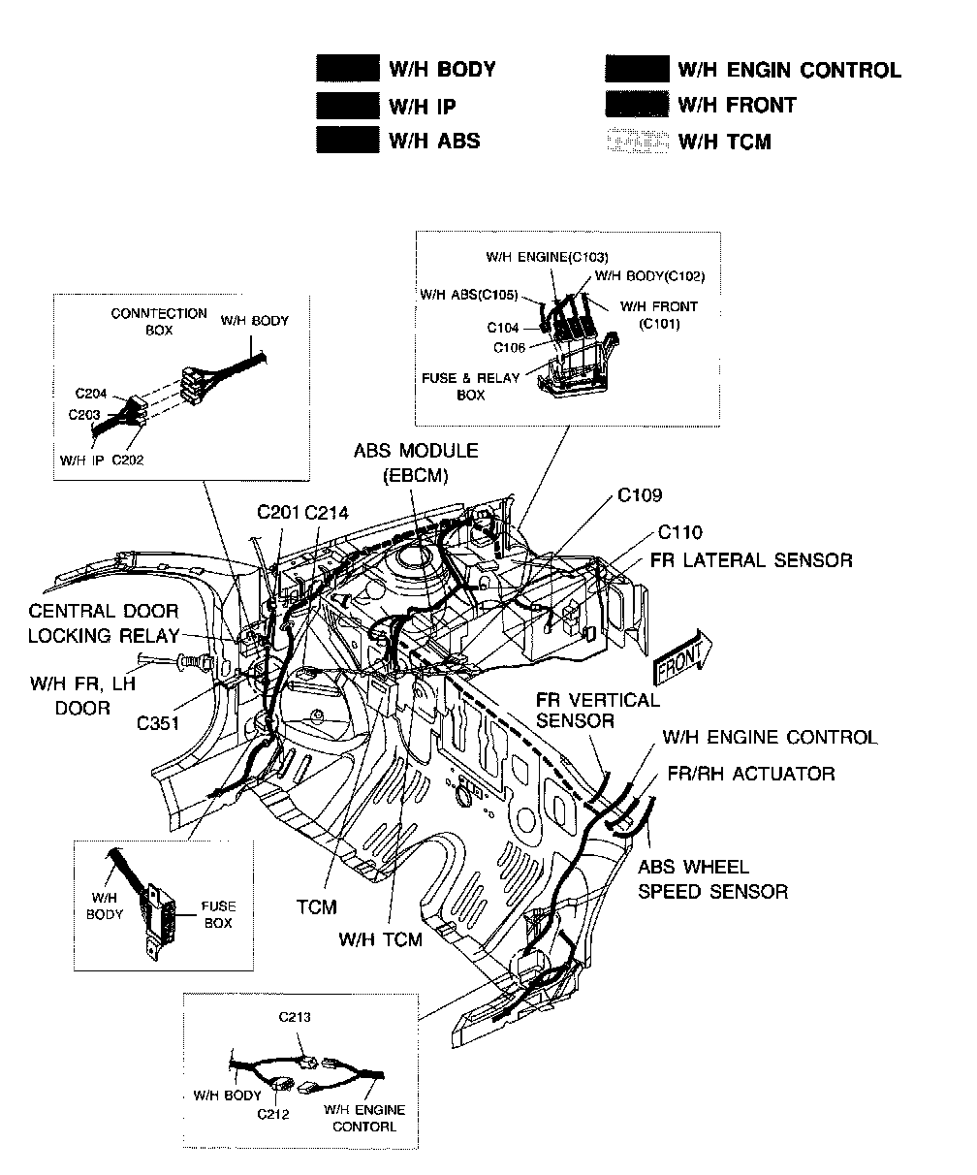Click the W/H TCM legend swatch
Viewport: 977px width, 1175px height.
pos(637,142)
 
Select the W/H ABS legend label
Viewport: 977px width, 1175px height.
pos(433,141)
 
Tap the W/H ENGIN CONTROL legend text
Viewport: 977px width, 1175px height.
pos(789,70)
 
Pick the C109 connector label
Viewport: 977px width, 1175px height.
pos(640,495)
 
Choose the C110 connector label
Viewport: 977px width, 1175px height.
pos(680,532)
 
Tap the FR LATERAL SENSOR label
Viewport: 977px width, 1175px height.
pos(755,560)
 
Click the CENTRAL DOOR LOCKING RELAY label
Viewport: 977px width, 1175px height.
pos(103,623)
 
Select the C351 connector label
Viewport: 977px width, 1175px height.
pos(157,721)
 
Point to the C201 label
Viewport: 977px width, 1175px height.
pos(278,512)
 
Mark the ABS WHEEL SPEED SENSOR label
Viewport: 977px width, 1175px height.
pos(712,878)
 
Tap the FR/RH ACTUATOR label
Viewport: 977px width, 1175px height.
pos(751,774)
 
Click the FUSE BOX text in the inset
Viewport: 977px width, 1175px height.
pos(218,915)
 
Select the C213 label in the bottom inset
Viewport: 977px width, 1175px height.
pos(295,1017)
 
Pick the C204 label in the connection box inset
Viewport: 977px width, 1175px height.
pos(90,394)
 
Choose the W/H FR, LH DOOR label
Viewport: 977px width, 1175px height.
pos(82,696)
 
